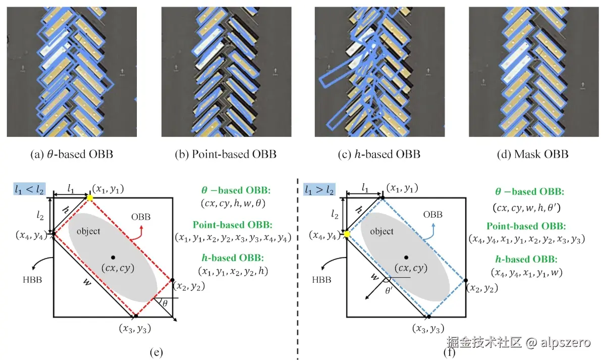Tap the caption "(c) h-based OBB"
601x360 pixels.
[x=379, y=154]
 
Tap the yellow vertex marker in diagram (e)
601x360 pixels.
[x=90, y=198]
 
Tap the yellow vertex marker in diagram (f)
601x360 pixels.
[x=347, y=234]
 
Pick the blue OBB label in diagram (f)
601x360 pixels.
[x=433, y=215]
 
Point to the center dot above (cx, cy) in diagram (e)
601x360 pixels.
[x=113, y=257]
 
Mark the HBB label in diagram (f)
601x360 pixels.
[x=324, y=279]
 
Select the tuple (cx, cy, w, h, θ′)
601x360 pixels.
[x=527, y=208]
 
